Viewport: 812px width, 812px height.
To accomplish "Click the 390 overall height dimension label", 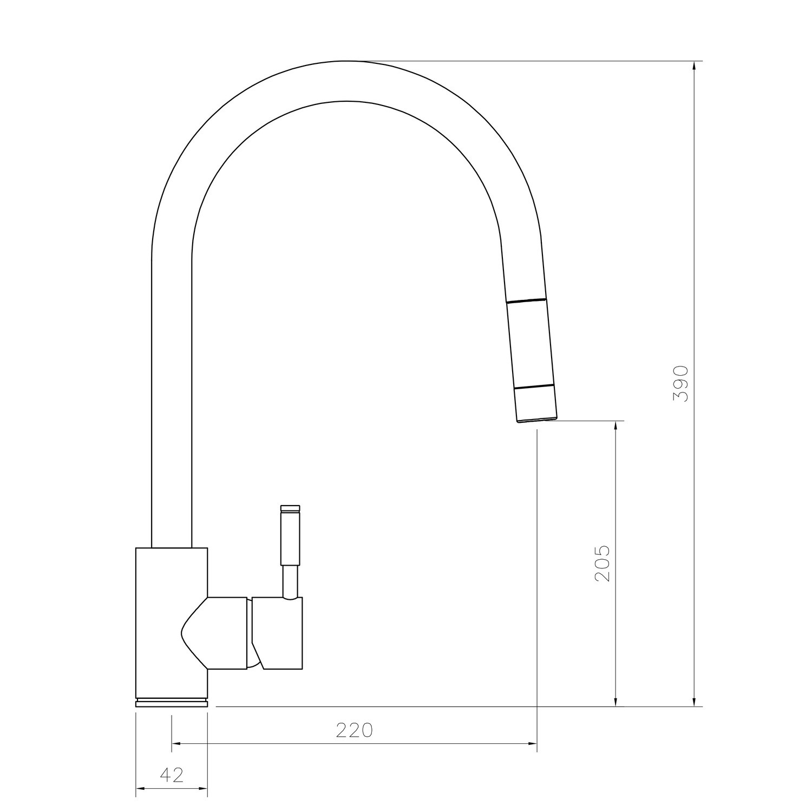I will (x=680, y=383).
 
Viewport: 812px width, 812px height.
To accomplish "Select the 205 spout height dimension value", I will (x=602, y=563).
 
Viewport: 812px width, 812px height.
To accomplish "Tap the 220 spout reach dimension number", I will (x=355, y=730).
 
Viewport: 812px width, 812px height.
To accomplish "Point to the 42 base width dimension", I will (x=172, y=775).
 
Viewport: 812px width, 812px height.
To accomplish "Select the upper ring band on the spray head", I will (x=525, y=300).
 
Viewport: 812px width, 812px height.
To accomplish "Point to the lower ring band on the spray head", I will (x=533, y=387).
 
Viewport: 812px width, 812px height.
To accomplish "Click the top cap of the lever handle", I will (x=290, y=508).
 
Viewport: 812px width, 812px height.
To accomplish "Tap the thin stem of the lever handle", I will (x=291, y=582).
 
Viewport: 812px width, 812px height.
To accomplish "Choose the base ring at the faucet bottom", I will (x=172, y=703).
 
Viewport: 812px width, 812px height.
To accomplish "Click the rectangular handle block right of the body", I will (x=279, y=633).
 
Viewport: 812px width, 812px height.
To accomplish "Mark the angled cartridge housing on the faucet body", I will (x=217, y=632).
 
